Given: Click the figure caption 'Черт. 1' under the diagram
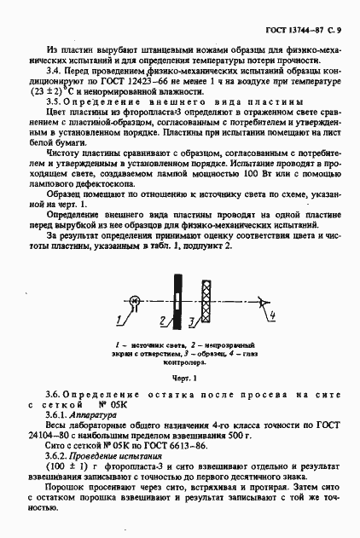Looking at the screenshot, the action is (180, 376).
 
